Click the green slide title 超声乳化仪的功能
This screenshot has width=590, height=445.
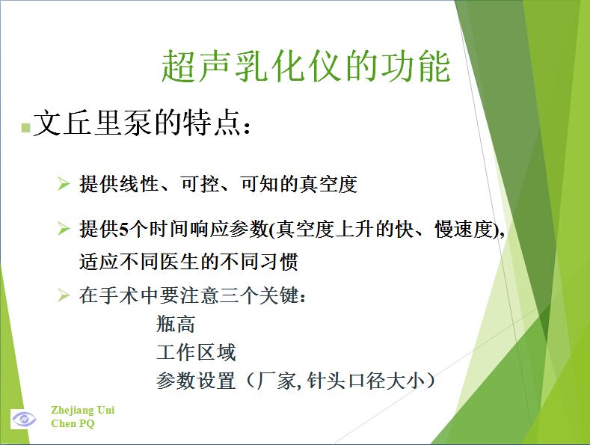[x=306, y=66]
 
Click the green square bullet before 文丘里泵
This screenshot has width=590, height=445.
[x=25, y=127]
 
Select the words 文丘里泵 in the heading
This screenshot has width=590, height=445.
[x=93, y=123]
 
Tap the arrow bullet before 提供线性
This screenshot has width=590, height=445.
[x=64, y=184]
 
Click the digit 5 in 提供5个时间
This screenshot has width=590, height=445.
[x=124, y=230]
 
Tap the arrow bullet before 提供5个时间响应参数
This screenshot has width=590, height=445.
[x=64, y=229]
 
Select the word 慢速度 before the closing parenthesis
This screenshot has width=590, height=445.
[x=464, y=229]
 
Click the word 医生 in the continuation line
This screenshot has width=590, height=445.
[x=179, y=261]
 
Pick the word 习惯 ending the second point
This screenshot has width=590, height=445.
[x=279, y=261]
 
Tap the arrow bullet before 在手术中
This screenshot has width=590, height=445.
[x=64, y=295]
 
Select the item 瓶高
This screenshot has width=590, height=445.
[x=175, y=324]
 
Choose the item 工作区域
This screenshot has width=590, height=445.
[x=196, y=352]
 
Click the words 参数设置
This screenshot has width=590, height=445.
[x=196, y=381]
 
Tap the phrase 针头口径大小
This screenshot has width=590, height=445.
[x=366, y=381]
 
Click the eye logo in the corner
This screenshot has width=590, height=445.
[x=24, y=419]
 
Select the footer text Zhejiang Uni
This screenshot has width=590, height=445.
[x=83, y=410]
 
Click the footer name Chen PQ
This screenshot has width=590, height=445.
[x=73, y=423]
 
